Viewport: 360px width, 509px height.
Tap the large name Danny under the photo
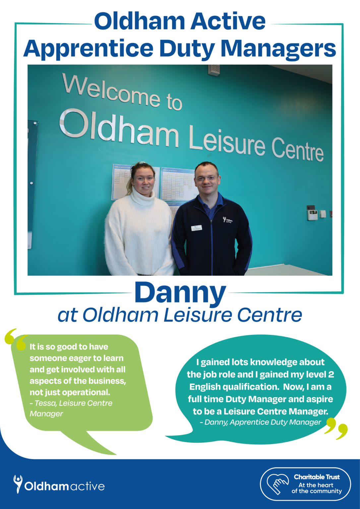[x=180, y=292]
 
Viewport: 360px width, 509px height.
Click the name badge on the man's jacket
[x=197, y=228]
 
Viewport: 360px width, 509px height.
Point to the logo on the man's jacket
[x=228, y=220]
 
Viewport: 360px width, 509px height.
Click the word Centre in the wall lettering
[x=297, y=150]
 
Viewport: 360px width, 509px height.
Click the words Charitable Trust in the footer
[x=317, y=477]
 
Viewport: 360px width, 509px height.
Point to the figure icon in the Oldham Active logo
[x=18, y=483]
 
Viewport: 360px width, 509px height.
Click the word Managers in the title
[x=278, y=49]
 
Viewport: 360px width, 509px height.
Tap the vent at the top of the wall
[x=214, y=70]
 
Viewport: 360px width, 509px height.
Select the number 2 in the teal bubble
[x=331, y=374]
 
